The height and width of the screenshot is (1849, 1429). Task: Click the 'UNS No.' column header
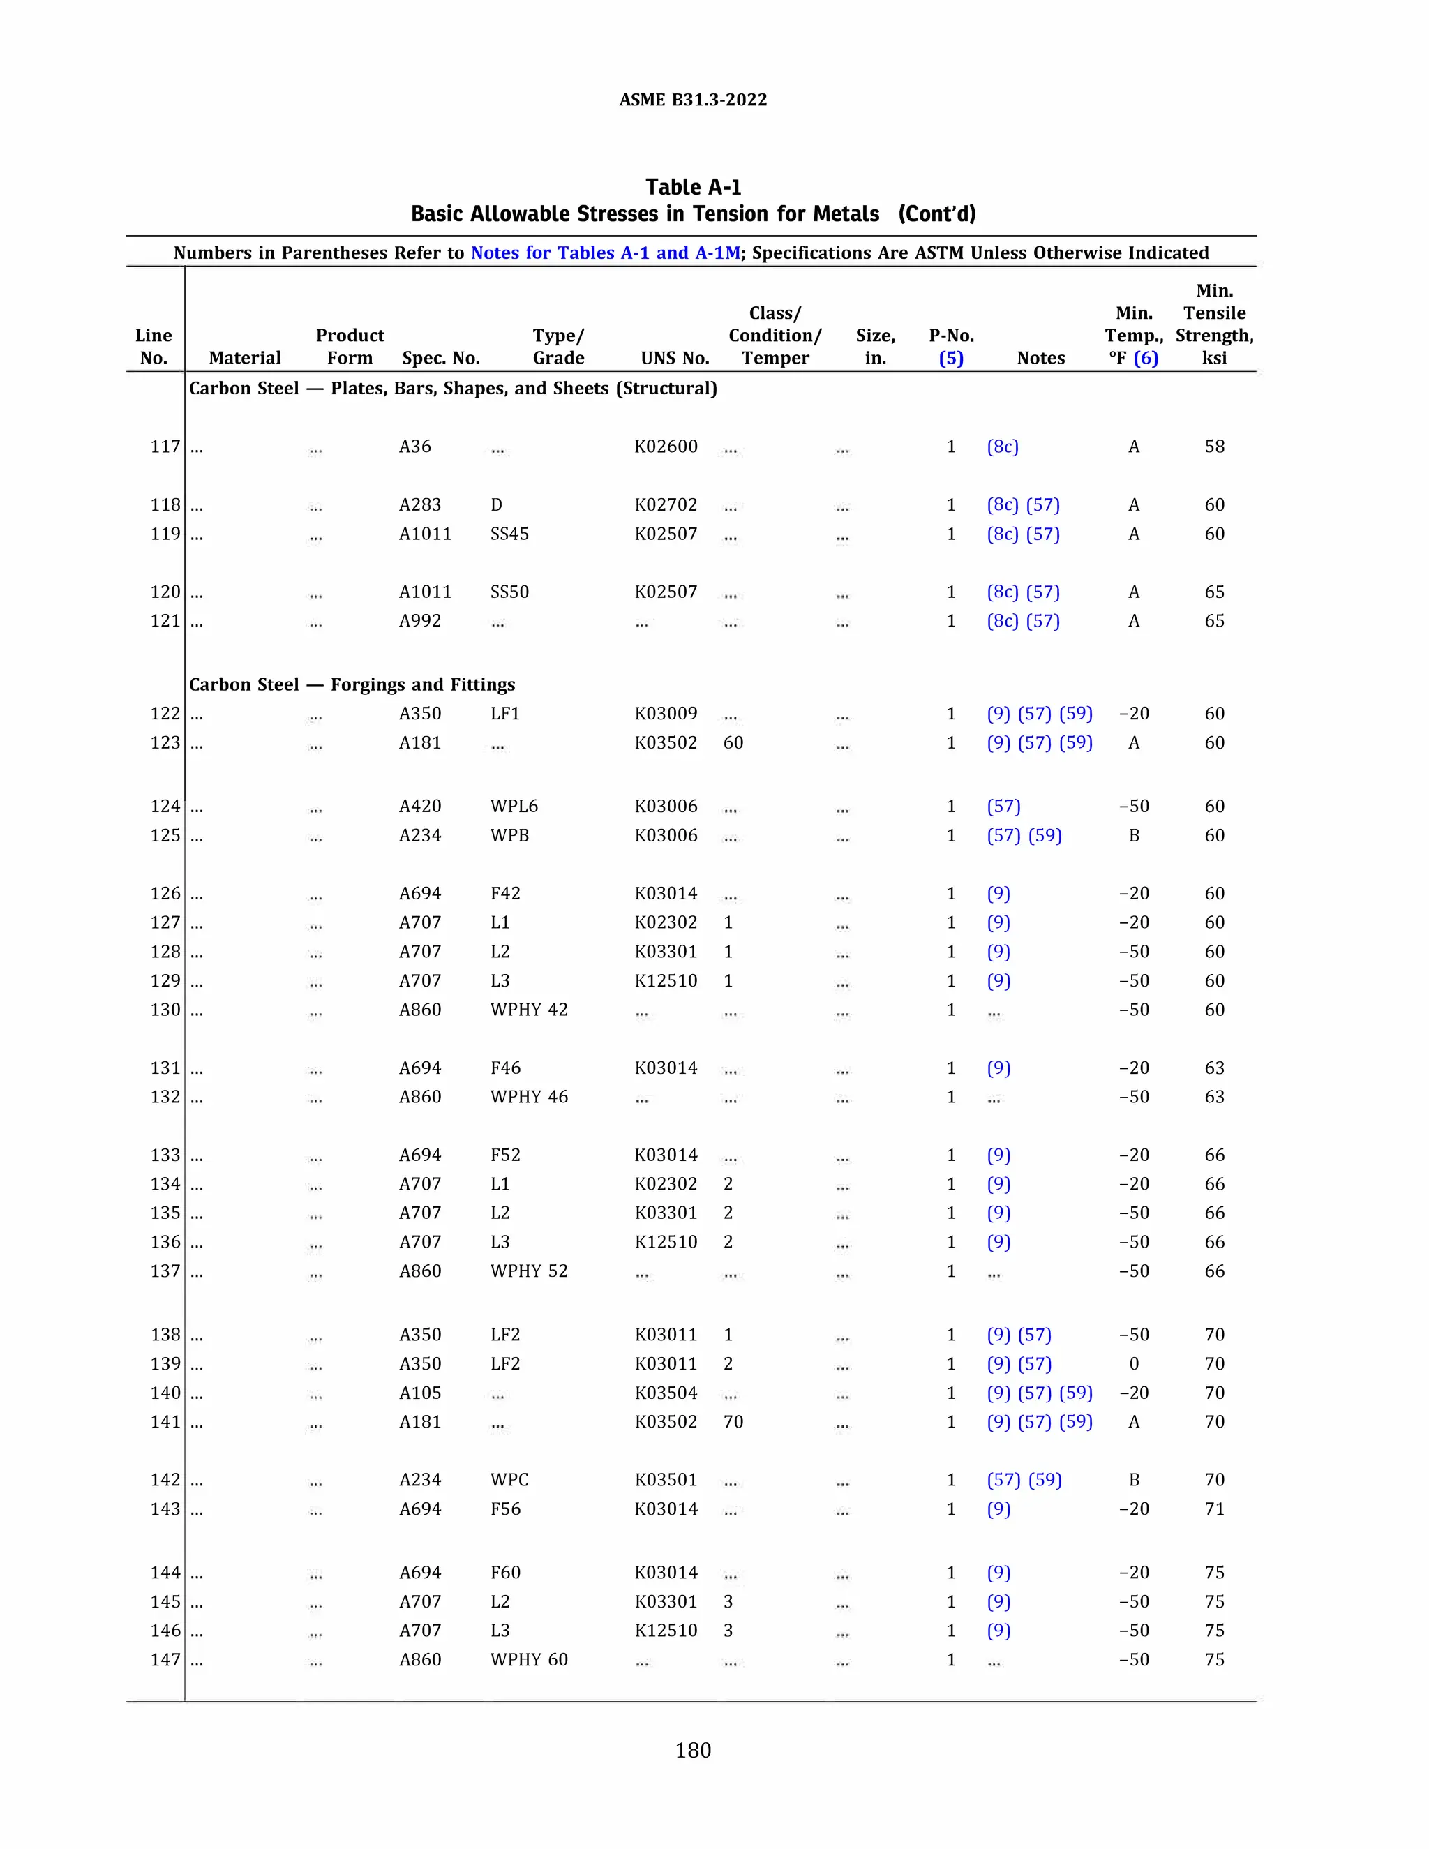point(675,357)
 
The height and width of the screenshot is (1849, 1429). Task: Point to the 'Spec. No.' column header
point(441,357)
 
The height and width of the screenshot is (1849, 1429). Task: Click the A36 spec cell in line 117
point(415,446)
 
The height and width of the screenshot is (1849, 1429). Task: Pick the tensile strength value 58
point(1214,446)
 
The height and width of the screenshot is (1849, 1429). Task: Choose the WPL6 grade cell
point(514,806)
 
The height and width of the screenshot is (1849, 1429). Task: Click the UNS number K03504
point(666,1393)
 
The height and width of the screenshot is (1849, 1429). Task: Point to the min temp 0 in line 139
point(1134,1363)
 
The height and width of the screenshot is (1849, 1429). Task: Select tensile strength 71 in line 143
point(1214,1509)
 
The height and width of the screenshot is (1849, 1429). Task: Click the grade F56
point(505,1509)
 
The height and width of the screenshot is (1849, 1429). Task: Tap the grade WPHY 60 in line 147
point(528,1659)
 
